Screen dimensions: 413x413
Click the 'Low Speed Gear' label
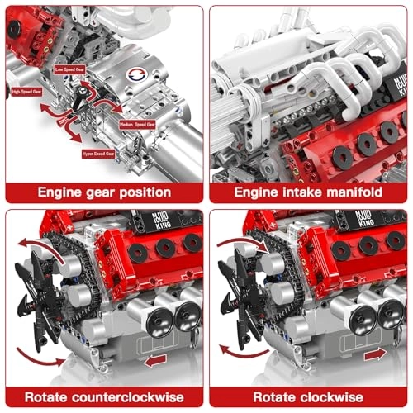(70, 69)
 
